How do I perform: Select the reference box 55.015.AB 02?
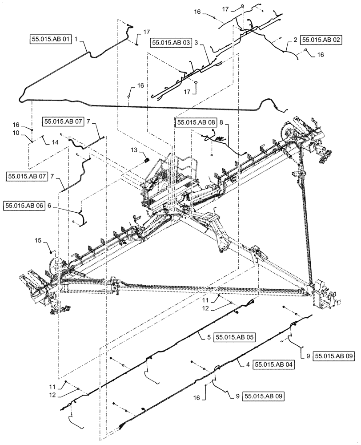tap(321, 40)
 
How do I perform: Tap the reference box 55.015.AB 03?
tap(170, 43)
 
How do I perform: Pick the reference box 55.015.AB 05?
tap(235, 337)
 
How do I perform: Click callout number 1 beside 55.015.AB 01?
tap(76, 40)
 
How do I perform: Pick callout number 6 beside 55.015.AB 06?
tap(50, 206)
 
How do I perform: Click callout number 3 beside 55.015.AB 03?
tap(196, 43)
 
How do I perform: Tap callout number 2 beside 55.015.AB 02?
tap(295, 40)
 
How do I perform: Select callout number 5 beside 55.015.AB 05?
tap(209, 337)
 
